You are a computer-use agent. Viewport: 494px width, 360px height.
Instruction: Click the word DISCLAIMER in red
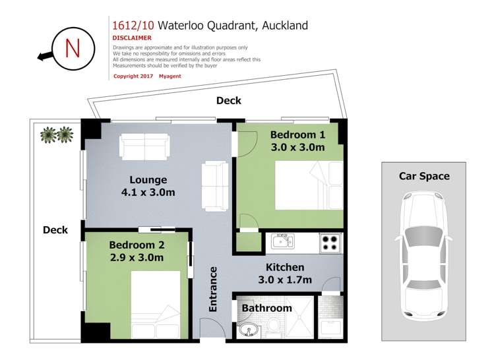(x=132, y=38)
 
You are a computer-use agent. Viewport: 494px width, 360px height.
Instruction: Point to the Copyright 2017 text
(x=134, y=76)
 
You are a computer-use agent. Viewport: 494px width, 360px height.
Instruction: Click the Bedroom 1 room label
(x=297, y=135)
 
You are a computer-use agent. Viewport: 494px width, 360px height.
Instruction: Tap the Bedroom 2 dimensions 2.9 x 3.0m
(x=136, y=257)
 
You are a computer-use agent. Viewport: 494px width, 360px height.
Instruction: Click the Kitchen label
(x=285, y=267)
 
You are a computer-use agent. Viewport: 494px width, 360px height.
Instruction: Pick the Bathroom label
(x=266, y=308)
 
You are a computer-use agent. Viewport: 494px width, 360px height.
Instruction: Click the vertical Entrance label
(x=213, y=288)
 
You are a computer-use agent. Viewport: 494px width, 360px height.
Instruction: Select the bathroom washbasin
(x=249, y=329)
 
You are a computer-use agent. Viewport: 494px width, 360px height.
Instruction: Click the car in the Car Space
(x=423, y=254)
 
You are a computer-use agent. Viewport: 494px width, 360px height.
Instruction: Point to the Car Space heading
(x=424, y=176)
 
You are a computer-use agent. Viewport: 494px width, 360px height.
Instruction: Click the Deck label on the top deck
(x=229, y=101)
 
